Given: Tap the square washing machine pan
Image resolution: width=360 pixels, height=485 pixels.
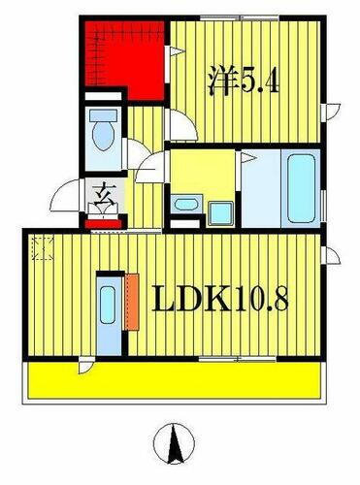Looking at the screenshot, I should coord(221,206).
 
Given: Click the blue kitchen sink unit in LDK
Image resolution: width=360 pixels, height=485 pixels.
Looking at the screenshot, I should coord(107,308).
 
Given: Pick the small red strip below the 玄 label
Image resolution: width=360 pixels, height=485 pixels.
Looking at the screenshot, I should coord(103,222).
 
